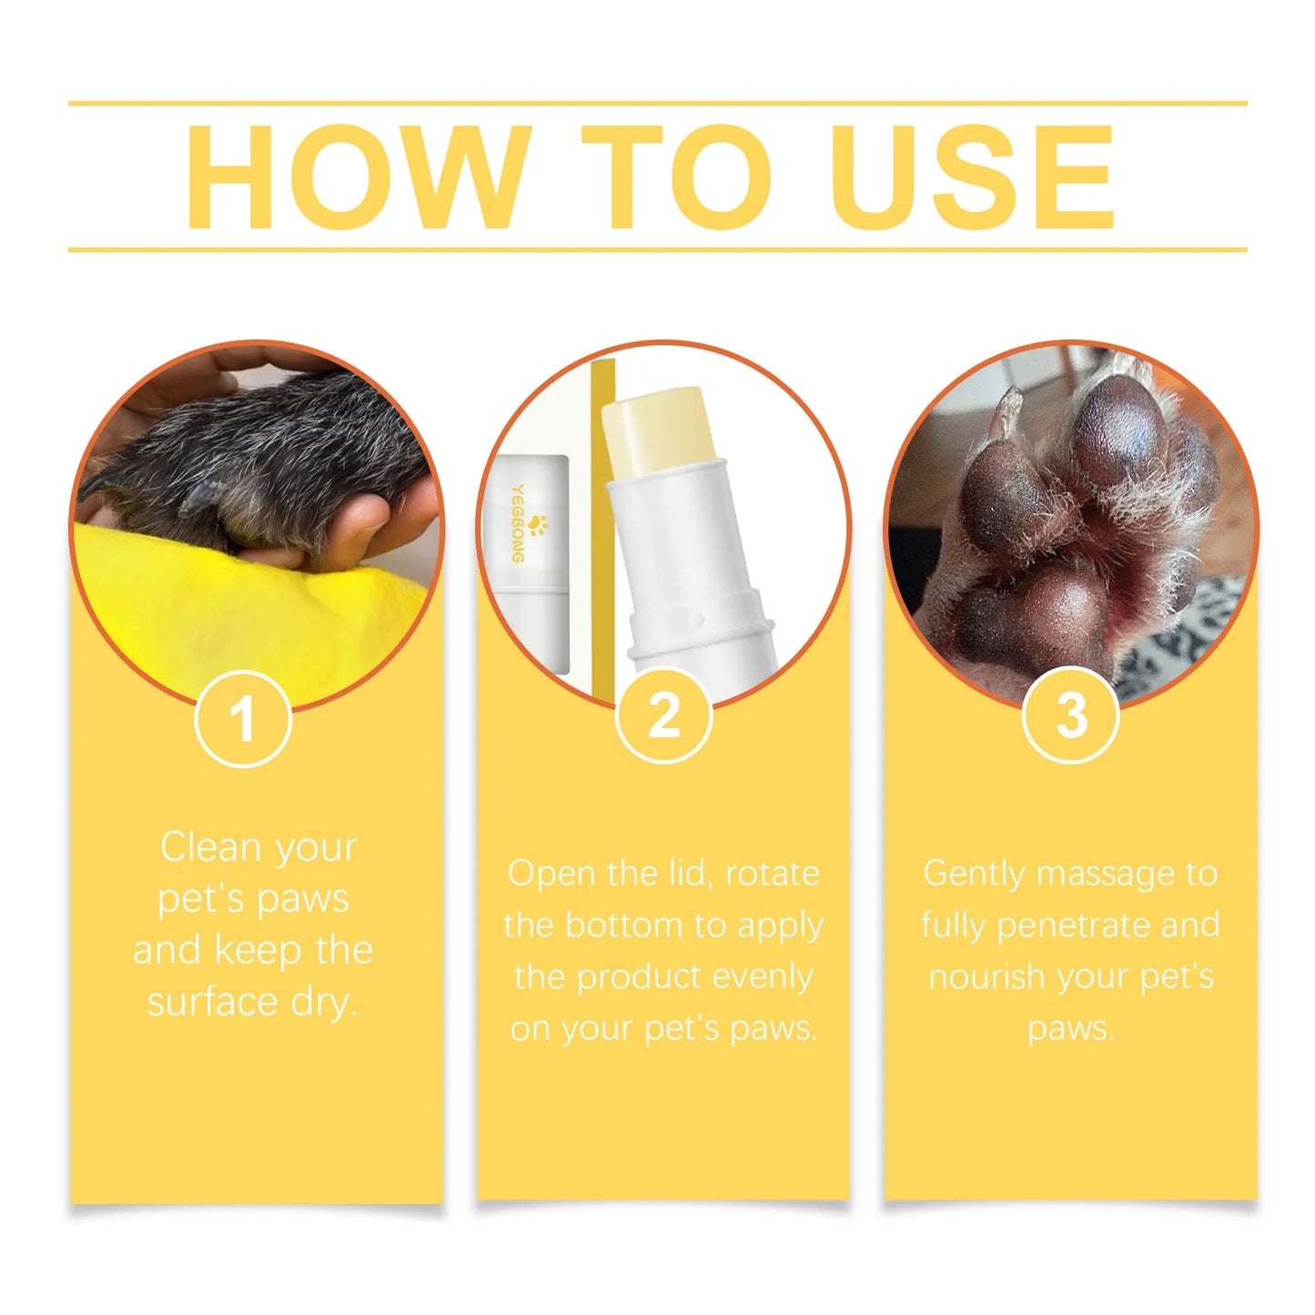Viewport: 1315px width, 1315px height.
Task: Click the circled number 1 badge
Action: click(x=243, y=719)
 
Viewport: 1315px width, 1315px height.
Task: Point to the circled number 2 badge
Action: click(x=663, y=715)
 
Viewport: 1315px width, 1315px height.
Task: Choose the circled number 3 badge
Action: click(x=1070, y=715)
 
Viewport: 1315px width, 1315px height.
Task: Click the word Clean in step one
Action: click(x=210, y=847)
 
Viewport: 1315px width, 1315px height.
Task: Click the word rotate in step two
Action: click(x=772, y=874)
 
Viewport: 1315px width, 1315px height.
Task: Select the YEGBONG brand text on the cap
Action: click(x=517, y=522)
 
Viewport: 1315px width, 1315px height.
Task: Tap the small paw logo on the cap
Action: click(x=537, y=525)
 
